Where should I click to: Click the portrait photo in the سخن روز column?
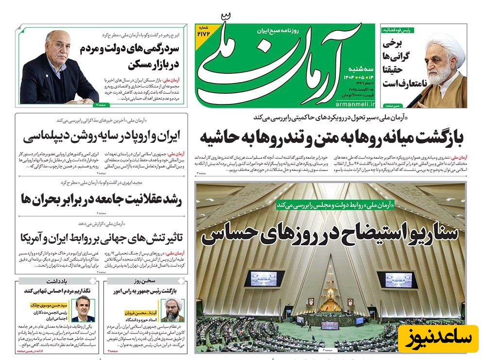(173, 309)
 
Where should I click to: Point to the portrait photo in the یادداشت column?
(84, 309)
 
